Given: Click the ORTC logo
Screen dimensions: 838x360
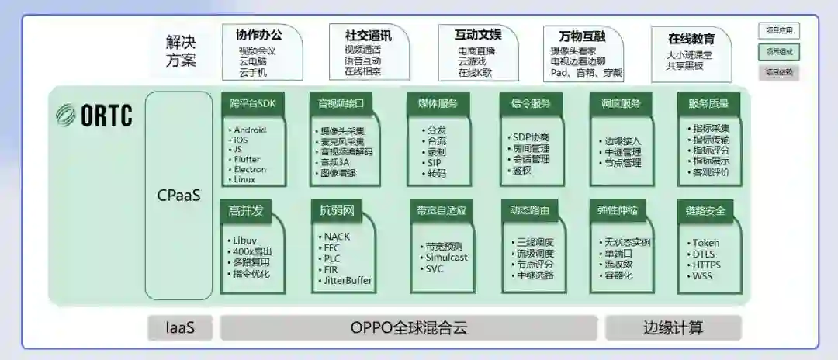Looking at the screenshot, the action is coord(95,116).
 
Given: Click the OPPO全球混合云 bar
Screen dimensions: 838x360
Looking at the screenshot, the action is coord(409,327).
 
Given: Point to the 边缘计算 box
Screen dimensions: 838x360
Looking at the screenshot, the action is coord(673,327).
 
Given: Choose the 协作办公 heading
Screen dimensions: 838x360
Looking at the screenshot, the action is coord(258,35).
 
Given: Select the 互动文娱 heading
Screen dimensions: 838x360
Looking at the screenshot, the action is coord(478,35).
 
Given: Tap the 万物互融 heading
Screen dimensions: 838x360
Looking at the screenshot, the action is coord(582,36).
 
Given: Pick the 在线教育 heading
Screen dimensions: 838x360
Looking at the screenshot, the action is coord(691,38).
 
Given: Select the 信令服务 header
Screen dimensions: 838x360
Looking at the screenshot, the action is coord(531,102).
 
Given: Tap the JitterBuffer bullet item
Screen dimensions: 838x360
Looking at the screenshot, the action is coord(348,280).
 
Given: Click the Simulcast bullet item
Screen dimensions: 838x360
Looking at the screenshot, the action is coord(446,258).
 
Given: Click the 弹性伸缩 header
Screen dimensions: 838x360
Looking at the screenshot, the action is coord(618,210).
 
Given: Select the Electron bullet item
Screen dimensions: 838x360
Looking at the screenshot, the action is coord(250,169).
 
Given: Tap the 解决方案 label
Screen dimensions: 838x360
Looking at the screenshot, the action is coord(181,50).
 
